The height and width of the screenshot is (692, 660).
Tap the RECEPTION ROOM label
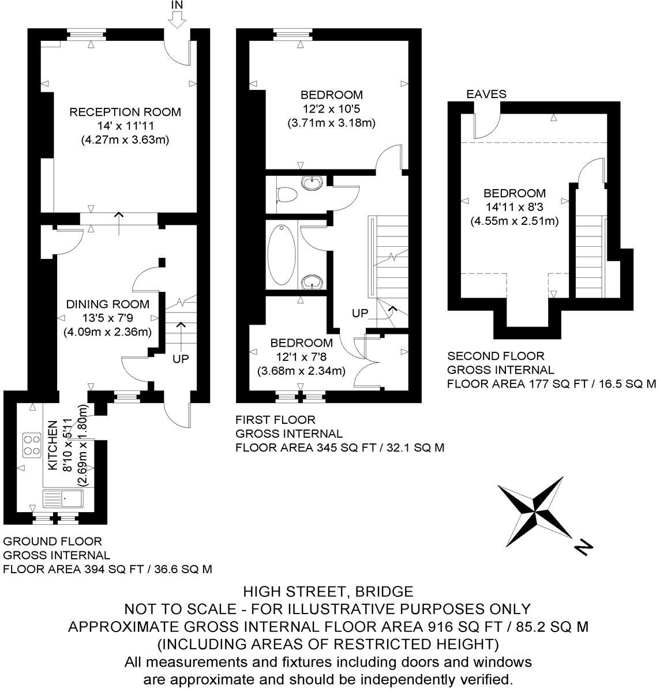(125, 112)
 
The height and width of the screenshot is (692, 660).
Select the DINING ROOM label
(107, 304)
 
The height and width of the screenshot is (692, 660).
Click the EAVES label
(486, 94)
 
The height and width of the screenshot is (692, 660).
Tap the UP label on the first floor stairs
(360, 313)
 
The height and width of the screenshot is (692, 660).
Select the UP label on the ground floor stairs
(181, 358)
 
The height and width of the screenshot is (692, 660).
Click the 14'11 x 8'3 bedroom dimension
(515, 207)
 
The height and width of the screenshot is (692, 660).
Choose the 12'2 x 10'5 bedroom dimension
(331, 108)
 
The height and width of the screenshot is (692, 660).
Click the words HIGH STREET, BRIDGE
(328, 591)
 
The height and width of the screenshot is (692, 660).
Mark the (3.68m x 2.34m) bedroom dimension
(301, 371)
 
